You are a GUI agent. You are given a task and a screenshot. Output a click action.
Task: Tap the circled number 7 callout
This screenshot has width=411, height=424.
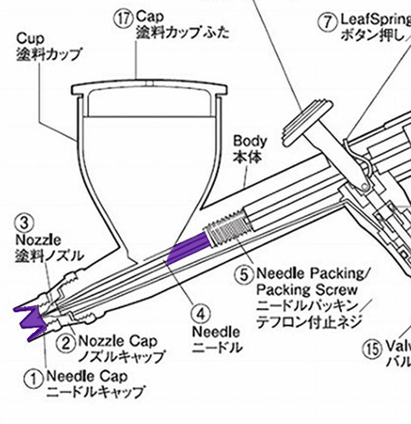point(328,20)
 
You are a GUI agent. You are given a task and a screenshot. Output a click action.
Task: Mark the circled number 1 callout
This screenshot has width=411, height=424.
point(32,376)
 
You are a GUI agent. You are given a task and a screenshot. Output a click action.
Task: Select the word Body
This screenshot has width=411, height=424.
point(251,142)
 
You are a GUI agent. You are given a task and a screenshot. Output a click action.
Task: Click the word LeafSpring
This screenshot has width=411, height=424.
point(374,19)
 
